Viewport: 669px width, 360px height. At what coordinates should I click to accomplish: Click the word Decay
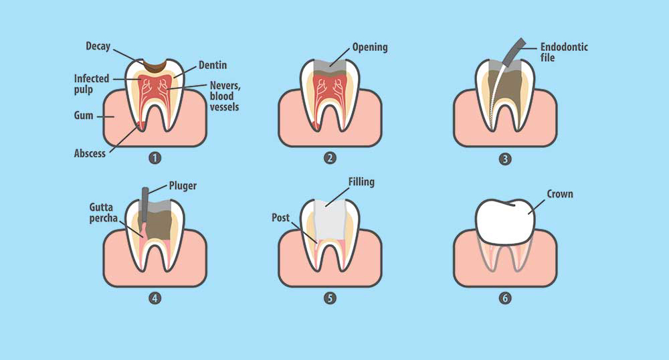98,46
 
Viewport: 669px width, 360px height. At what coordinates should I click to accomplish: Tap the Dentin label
213,66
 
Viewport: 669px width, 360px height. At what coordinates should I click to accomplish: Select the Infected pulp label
91,84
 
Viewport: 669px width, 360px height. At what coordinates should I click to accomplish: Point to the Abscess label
90,153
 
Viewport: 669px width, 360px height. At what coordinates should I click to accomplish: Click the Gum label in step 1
83,116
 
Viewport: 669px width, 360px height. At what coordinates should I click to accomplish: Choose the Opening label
370,48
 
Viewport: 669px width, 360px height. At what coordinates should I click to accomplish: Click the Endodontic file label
564,52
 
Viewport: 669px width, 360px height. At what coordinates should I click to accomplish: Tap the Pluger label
183,186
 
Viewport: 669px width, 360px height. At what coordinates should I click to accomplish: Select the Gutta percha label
103,212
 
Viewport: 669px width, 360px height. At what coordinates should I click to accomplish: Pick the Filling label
361,182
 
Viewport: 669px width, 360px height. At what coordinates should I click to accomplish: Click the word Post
280,218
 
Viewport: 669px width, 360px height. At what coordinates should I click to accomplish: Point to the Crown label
560,194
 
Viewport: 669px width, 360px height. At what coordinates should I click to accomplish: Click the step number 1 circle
155,158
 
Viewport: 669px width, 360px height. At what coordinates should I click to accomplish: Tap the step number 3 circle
505,159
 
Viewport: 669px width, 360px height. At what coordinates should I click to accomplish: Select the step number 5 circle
330,298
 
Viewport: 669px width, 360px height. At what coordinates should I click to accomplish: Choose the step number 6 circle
505,298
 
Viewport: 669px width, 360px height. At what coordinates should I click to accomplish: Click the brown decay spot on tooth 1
155,66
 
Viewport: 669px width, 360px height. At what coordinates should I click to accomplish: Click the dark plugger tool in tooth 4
145,205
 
